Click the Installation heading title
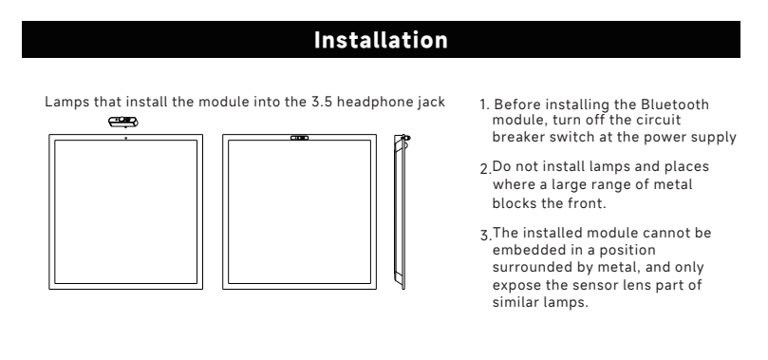point(381,40)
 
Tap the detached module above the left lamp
point(123,122)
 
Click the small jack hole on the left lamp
point(126,138)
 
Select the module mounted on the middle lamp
point(299,138)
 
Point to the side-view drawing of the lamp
point(402,212)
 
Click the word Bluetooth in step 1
point(674,104)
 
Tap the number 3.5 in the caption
point(322,102)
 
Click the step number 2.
point(485,169)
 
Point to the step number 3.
point(485,236)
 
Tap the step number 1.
point(484,104)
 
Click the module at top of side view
point(406,138)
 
